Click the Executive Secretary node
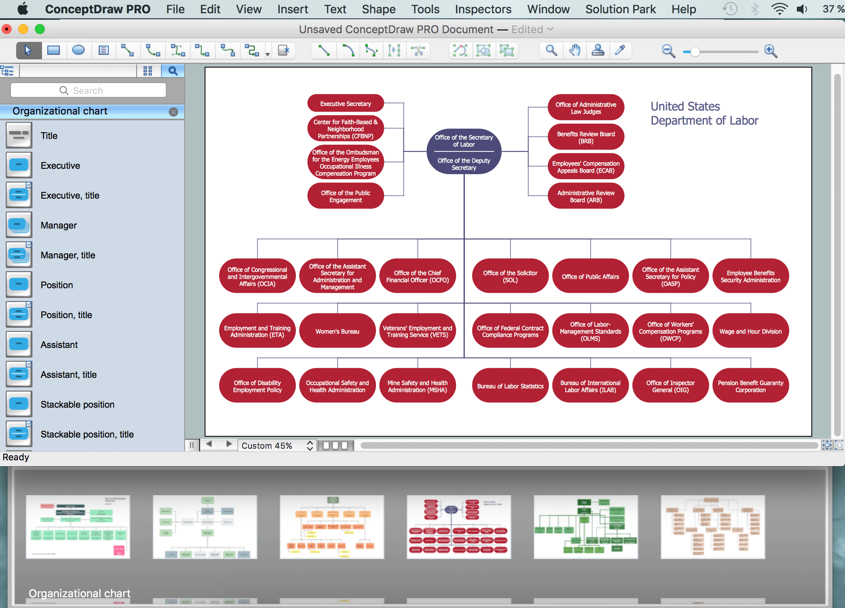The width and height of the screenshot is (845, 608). (x=345, y=104)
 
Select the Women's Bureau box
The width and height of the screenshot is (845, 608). (x=337, y=331)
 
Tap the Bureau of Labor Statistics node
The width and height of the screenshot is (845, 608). (x=510, y=386)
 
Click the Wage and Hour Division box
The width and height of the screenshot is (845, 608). (x=750, y=331)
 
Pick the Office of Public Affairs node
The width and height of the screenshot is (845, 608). (x=590, y=277)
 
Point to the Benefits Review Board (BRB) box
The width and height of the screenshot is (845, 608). (x=586, y=137)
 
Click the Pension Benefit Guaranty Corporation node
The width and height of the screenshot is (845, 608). (x=750, y=386)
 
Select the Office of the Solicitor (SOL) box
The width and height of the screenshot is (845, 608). (x=510, y=277)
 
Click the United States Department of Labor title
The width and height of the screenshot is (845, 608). (x=704, y=113)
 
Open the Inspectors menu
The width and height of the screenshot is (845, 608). (x=483, y=9)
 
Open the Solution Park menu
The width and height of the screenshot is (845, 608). (x=620, y=9)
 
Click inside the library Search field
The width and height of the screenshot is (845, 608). (x=88, y=90)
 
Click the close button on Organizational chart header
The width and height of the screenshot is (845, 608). (x=173, y=112)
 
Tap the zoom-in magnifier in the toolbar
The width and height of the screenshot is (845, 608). (x=771, y=51)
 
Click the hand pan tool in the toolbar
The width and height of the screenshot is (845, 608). (x=574, y=51)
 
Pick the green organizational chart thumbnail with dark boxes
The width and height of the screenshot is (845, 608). (x=586, y=527)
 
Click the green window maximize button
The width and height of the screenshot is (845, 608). (x=40, y=29)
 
